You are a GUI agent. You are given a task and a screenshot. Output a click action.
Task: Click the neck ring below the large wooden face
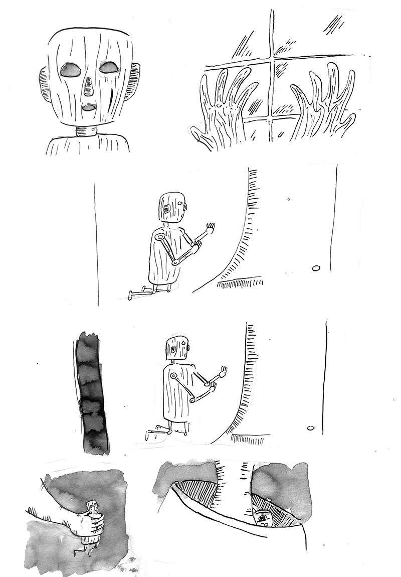(x=87, y=132)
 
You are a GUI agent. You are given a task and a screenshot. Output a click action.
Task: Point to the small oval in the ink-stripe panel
(x=310, y=428)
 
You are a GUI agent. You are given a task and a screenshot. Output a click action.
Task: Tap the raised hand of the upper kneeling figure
(x=210, y=228)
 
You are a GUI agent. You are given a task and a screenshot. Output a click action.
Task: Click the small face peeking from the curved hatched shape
(x=262, y=517)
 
